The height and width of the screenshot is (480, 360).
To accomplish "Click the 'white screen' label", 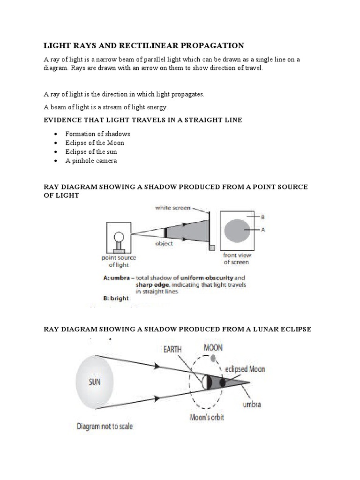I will coord(172,207).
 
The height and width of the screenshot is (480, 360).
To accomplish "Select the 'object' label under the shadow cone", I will coord(164,243).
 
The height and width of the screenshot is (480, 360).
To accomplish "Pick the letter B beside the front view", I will coord(263,217).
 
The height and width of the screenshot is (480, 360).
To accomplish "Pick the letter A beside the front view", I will coord(263,230).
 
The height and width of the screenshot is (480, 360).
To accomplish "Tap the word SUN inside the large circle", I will coord(95,382).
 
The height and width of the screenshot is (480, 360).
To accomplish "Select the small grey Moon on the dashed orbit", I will coord(213,359).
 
